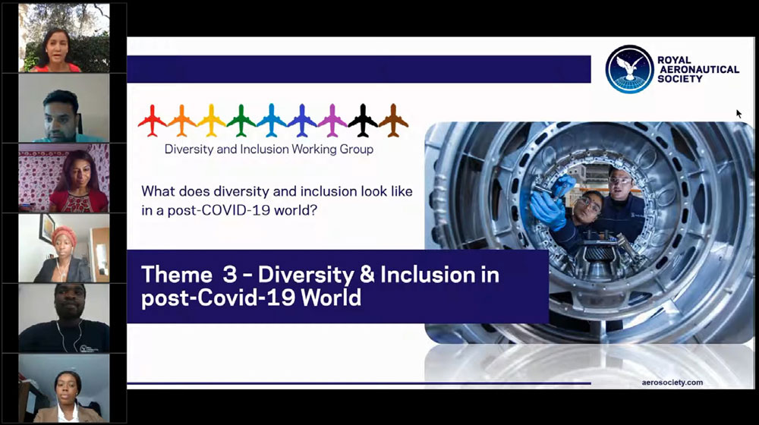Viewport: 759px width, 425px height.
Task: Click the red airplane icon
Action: pos(152,121)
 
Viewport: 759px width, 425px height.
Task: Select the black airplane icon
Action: pos(363,121)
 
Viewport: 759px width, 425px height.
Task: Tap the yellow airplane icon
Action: pos(212,121)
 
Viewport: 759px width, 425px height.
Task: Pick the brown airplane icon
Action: pos(393,121)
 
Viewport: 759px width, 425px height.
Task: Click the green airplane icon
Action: pos(241,121)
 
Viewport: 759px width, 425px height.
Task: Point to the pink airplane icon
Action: pos(332,121)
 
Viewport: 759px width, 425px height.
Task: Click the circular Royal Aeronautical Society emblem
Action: pos(629,69)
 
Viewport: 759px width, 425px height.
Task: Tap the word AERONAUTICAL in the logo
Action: pos(700,69)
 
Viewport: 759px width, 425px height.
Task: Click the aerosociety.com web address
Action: pos(672,382)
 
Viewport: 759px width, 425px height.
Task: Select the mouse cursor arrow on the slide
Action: pos(739,114)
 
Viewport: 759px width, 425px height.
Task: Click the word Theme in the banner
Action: pos(177,275)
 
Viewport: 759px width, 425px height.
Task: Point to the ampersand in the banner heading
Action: pos(367,275)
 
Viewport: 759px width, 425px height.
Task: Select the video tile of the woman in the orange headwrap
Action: pos(64,248)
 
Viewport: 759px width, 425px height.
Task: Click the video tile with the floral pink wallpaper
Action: pos(64,178)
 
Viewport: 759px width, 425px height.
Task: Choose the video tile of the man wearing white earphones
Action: pos(64,318)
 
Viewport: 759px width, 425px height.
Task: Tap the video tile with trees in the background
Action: pos(64,39)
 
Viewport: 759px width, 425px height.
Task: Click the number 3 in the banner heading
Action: pos(230,275)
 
